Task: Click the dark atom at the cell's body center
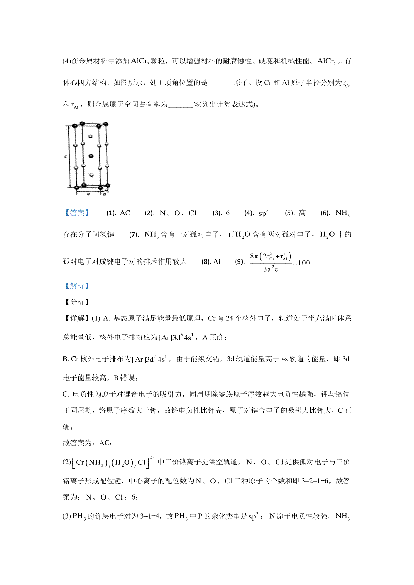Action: [91, 156]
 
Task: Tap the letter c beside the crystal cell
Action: [65, 156]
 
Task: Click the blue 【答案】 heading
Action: [77, 213]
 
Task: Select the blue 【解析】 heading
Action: [77, 286]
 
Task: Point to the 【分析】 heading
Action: [77, 302]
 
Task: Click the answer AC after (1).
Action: [125, 213]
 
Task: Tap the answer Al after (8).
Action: [217, 261]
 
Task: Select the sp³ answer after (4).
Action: [263, 213]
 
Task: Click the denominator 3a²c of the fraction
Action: [270, 269]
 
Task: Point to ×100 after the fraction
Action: [302, 263]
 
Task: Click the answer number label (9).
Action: [240, 261]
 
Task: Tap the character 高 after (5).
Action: [302, 213]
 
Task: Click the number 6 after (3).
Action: [228, 213]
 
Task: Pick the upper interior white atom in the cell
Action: [90, 136]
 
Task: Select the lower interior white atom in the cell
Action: [91, 175]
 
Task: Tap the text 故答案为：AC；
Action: [88, 443]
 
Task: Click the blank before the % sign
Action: [180, 104]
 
